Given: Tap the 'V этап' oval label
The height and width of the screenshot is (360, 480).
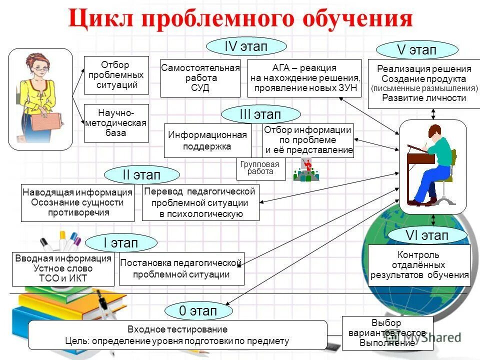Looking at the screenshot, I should coord(416,50).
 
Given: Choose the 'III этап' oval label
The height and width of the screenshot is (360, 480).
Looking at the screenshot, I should coord(260,114).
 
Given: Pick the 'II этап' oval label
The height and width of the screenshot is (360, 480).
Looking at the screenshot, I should coord(141,175).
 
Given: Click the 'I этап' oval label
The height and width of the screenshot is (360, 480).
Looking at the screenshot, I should coord(121,243).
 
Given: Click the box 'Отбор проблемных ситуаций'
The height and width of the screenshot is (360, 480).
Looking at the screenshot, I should coord(116,75).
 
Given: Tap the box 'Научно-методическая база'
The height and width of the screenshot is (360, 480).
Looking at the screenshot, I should coord(116,123).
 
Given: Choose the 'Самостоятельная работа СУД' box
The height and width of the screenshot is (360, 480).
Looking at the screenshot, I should coord(200,78).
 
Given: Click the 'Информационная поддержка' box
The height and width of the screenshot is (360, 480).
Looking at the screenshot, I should coord(207,140).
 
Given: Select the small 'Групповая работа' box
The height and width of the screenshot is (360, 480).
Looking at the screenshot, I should coord(260,168).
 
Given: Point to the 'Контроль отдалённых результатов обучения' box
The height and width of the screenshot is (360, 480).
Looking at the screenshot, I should coord(419,265).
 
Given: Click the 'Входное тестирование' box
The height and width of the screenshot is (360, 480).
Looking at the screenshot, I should coord(177,335).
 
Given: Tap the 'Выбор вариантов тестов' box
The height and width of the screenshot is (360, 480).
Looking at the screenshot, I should coord(387,333).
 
